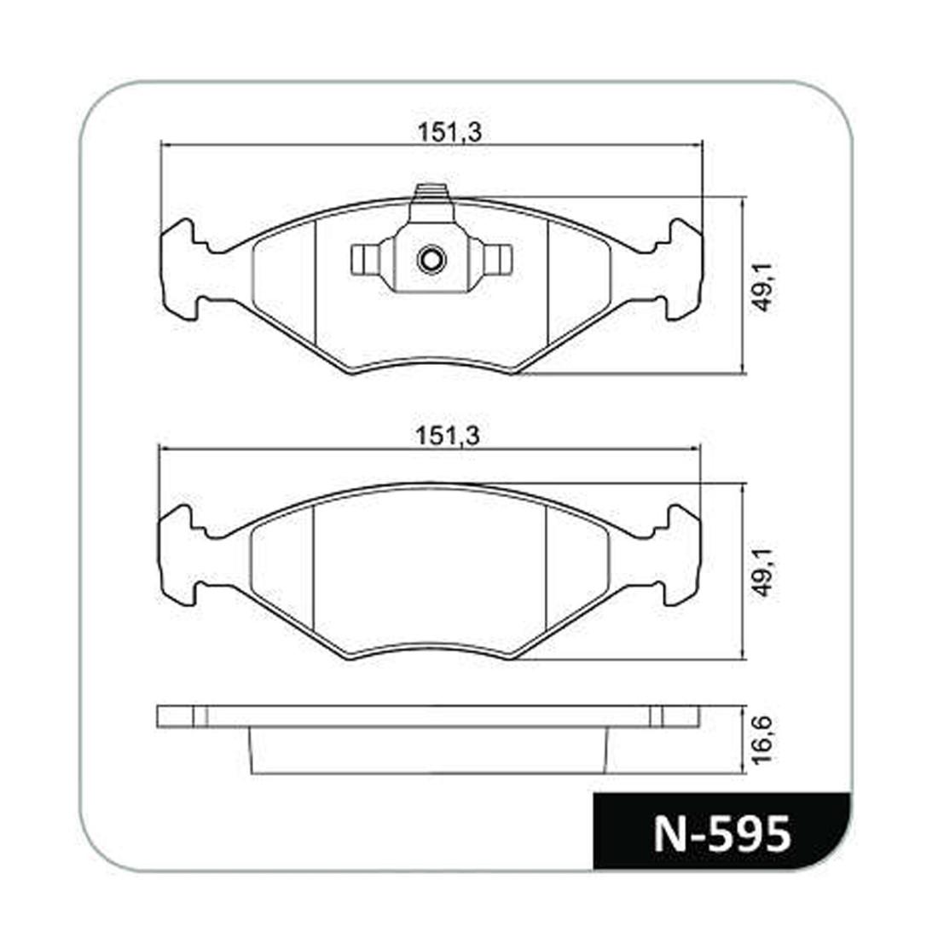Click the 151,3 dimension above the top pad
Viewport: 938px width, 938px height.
[449, 132]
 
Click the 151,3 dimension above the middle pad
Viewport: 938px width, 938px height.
[448, 436]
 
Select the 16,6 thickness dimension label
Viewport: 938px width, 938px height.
[762, 740]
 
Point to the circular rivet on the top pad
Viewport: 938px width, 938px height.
[431, 259]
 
